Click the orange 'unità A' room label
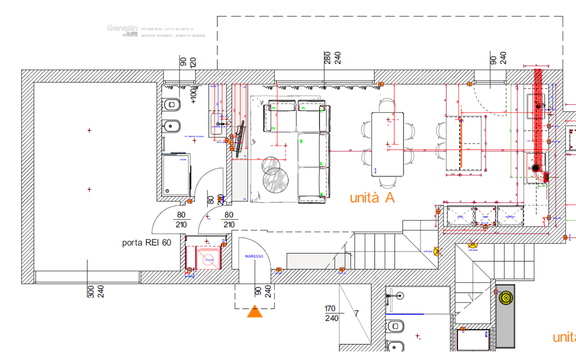tap(372, 197)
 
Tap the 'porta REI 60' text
tap(146, 243)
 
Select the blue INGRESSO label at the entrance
tap(253, 256)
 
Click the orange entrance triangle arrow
tap(255, 311)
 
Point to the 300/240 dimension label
tap(95, 291)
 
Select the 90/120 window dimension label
tap(188, 62)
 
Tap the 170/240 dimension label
tap(331, 313)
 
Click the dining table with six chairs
tap(387, 144)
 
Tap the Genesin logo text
tap(121, 28)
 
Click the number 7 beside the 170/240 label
tap(356, 313)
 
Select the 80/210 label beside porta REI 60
tap(181, 219)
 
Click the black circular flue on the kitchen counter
tap(535, 169)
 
